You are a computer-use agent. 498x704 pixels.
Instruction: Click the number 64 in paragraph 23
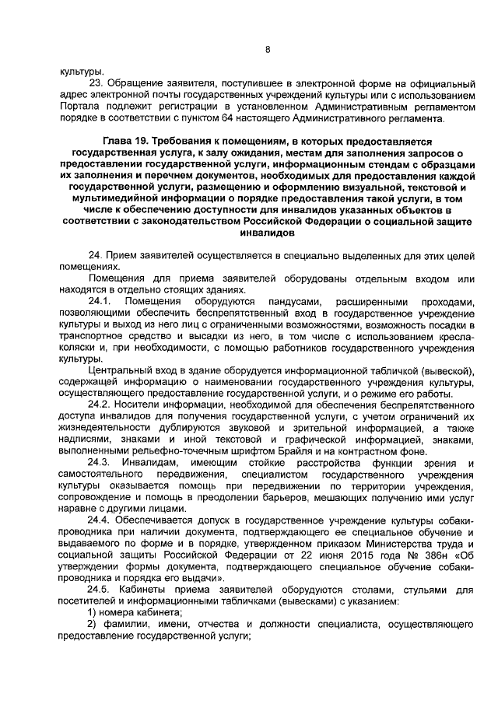pos(293,119)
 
